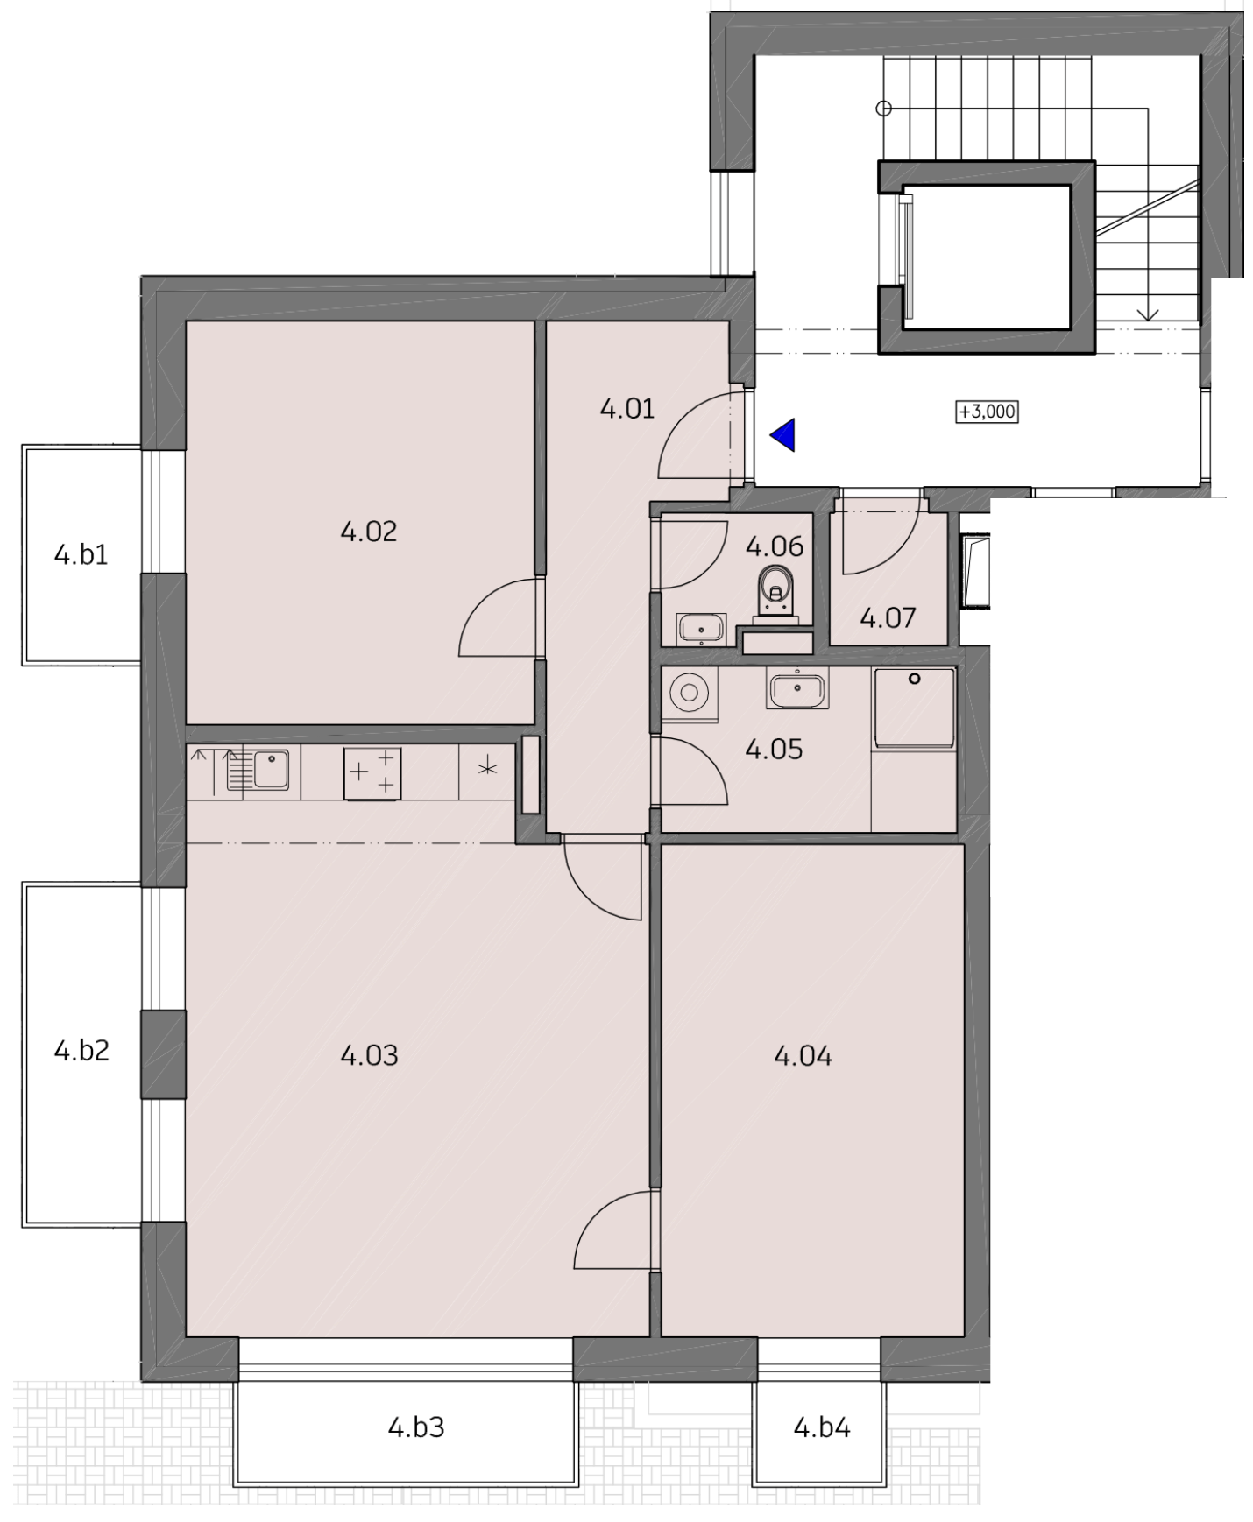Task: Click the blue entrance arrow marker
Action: (784, 434)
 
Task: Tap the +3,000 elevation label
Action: (987, 412)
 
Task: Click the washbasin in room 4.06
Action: (700, 627)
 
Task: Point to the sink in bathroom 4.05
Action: (796, 687)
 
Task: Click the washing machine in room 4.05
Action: (690, 694)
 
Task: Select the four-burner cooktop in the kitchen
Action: (372, 773)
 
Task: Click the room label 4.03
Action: (369, 1056)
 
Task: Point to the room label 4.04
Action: (803, 1056)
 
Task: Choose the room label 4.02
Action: (369, 531)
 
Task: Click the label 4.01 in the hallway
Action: (627, 408)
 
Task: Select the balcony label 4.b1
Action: (81, 554)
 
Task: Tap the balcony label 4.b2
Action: (81, 1049)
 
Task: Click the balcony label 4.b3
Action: (416, 1427)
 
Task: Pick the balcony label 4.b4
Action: (822, 1427)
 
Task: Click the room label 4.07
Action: (888, 618)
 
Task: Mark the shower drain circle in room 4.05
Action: (914, 679)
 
